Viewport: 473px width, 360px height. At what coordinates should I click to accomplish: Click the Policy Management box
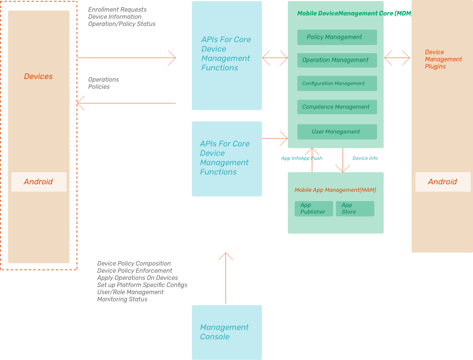pyautogui.click(x=337, y=37)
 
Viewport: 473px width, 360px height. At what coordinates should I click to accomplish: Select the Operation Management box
pyautogui.click(x=337, y=60)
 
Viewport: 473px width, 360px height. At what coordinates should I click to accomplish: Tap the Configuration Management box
pyautogui.click(x=337, y=84)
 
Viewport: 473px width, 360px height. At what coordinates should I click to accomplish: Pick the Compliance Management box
pyautogui.click(x=337, y=107)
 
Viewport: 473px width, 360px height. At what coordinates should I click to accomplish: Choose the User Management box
pyautogui.click(x=337, y=132)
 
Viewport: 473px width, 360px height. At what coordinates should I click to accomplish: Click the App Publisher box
pyautogui.click(x=313, y=209)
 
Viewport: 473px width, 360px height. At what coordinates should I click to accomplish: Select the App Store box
pyautogui.click(x=355, y=209)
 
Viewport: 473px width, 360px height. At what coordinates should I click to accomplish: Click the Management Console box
pyautogui.click(x=227, y=332)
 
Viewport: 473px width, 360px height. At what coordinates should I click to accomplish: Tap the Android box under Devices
pyautogui.click(x=39, y=182)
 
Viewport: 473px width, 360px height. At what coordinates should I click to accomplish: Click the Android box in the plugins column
pyautogui.click(x=443, y=182)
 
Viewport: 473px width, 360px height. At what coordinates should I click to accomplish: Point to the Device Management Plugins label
pyautogui.click(x=443, y=59)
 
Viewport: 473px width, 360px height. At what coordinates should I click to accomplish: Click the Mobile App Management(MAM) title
pyautogui.click(x=335, y=190)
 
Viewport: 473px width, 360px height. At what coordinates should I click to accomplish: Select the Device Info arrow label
pyautogui.click(x=365, y=158)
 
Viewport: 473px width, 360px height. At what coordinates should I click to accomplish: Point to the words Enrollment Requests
pyautogui.click(x=117, y=10)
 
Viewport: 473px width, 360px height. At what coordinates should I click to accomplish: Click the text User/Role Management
pyautogui.click(x=130, y=292)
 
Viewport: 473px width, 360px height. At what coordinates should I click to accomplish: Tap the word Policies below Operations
pyautogui.click(x=99, y=87)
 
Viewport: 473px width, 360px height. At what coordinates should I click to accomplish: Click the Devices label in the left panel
pyautogui.click(x=38, y=77)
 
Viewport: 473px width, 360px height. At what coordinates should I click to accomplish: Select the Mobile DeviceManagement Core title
pyautogui.click(x=354, y=14)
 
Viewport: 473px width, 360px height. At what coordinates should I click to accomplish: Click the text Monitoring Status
pyautogui.click(x=122, y=299)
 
